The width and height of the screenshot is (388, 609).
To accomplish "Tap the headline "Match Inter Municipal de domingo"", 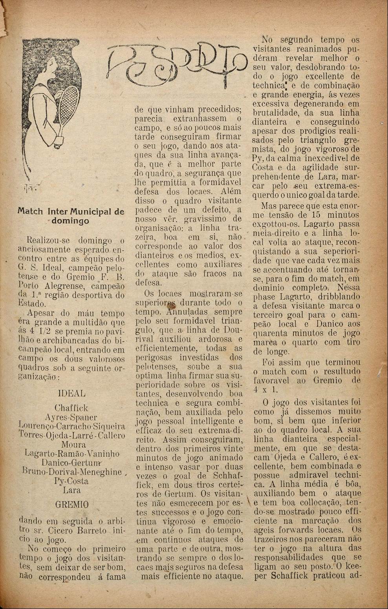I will pos(71,216).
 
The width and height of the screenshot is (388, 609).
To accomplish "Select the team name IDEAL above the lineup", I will pos(71,393).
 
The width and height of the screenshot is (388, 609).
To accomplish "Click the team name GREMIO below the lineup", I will pos(72,504).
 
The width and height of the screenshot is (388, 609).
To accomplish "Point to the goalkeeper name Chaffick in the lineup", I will pos(71,408).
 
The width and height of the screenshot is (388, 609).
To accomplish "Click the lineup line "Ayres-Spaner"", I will pos(71,417).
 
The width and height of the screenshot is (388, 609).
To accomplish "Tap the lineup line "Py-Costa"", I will pos(71,481).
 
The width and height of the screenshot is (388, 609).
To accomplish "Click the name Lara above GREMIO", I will pos(71,490).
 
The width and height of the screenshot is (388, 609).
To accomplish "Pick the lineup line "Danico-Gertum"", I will pos(71,463).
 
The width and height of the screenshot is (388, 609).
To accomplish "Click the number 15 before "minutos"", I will pos(316,215).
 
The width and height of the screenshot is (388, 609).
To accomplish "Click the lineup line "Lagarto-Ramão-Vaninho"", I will pos(72,453).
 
